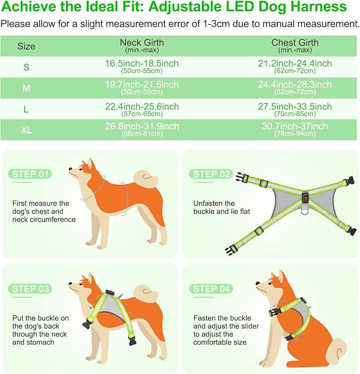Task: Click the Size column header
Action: click(26, 46)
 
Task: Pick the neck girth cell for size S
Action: click(142, 66)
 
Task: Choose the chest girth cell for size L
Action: click(295, 109)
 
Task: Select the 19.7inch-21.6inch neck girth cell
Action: click(142, 88)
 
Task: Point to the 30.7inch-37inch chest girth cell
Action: click(295, 129)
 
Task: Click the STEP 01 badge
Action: click(30, 175)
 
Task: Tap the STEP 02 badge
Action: click(212, 174)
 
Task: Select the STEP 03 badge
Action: click(30, 289)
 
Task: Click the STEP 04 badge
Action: click(212, 289)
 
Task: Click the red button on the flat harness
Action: click(305, 199)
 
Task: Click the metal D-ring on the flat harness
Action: click(306, 214)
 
